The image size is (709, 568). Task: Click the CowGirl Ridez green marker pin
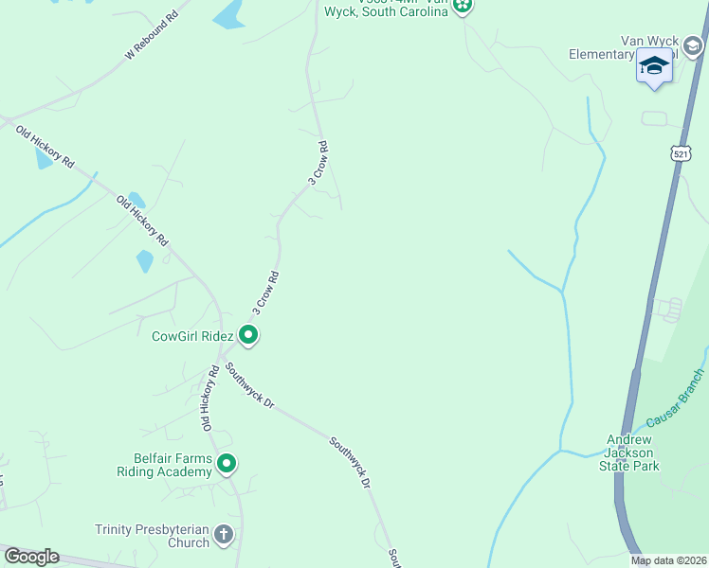pyautogui.click(x=248, y=334)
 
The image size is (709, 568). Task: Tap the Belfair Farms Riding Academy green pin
pyautogui.click(x=226, y=464)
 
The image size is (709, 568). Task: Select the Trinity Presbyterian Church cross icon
pyautogui.click(x=224, y=535)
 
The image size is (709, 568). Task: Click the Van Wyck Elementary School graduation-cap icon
pyautogui.click(x=692, y=46)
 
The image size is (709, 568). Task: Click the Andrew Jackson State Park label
pyautogui.click(x=634, y=453)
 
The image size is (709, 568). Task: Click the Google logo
pyautogui.click(x=30, y=557)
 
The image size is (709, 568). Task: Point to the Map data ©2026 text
pyautogui.click(x=668, y=560)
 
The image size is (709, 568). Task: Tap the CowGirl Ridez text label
pyautogui.click(x=192, y=335)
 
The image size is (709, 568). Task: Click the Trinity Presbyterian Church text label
pyautogui.click(x=152, y=536)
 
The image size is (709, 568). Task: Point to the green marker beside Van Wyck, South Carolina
pyautogui.click(x=462, y=7)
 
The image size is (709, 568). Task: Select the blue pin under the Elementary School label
pyautogui.click(x=653, y=67)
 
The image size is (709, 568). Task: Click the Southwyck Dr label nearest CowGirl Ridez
pyautogui.click(x=250, y=386)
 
